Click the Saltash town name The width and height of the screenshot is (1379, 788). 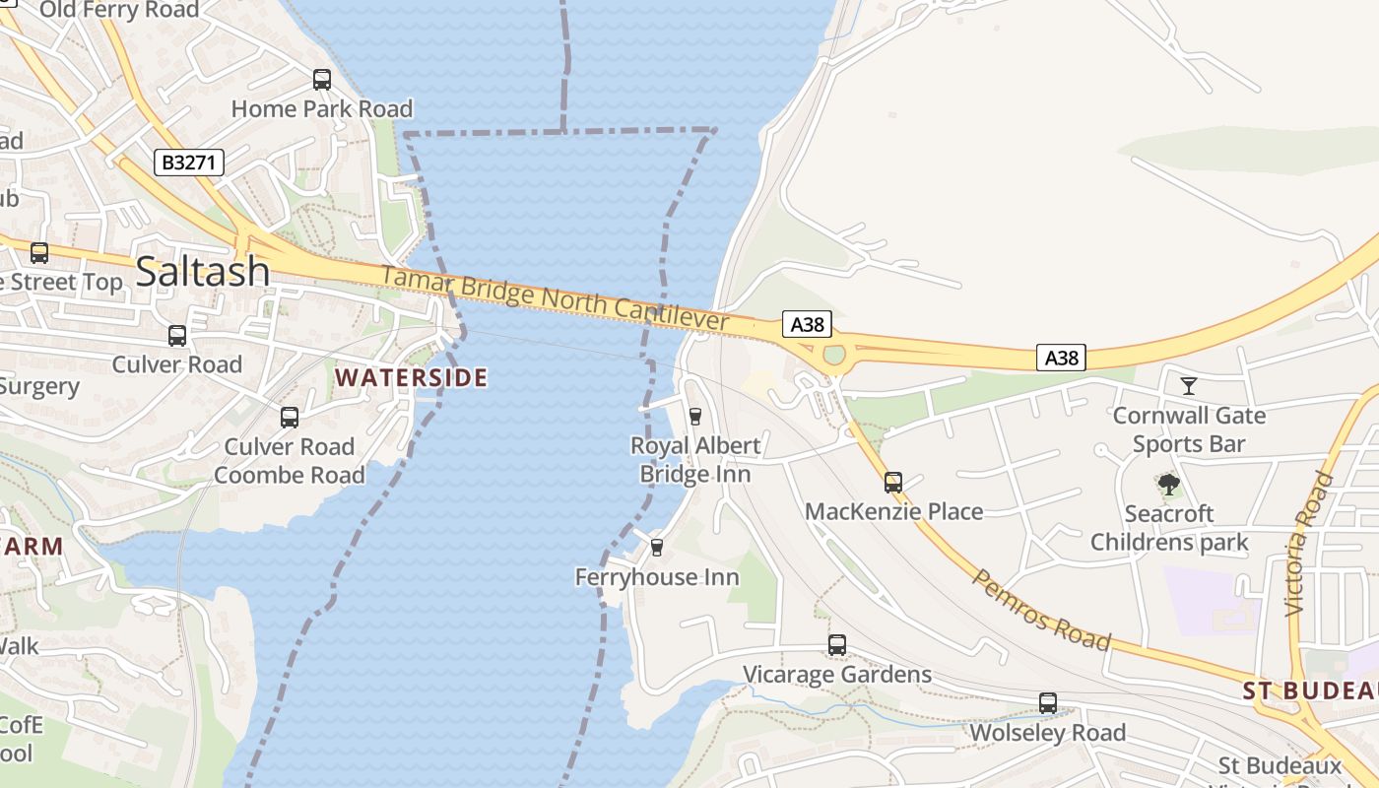(x=202, y=271)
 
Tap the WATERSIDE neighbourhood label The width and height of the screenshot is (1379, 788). (x=412, y=378)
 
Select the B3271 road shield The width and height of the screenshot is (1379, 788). (x=189, y=163)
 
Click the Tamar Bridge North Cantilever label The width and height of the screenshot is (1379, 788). (x=554, y=298)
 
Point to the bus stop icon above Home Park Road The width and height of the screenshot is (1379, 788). (x=322, y=80)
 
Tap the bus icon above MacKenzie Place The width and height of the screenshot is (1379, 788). (x=893, y=483)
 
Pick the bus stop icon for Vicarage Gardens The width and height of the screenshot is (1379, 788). (x=837, y=645)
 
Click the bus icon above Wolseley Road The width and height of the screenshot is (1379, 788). (x=1048, y=703)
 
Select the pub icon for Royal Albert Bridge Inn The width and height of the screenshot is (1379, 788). (x=695, y=416)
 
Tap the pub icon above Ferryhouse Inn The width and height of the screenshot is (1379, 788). (x=657, y=547)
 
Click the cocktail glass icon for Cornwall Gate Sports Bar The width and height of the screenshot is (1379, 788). (x=1189, y=385)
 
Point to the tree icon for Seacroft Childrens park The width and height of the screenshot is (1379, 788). (x=1169, y=484)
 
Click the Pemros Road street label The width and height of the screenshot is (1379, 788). (x=1041, y=609)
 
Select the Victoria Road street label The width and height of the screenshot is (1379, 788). (x=1309, y=544)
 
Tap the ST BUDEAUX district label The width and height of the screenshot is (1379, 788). (x=1310, y=690)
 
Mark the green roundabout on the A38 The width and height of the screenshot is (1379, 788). (x=834, y=355)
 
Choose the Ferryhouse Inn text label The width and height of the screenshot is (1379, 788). (x=657, y=577)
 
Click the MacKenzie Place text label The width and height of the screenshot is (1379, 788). (x=893, y=511)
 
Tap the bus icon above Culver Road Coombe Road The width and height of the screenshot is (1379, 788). (x=290, y=418)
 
